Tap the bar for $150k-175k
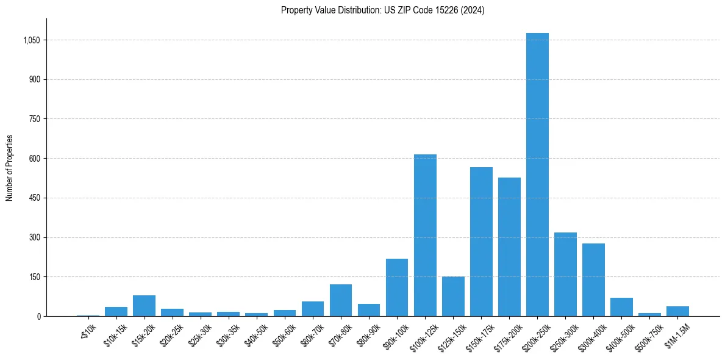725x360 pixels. [x=481, y=242]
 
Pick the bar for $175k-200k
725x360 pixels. [x=509, y=247]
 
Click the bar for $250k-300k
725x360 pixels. [x=565, y=275]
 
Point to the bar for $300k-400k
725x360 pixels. [x=593, y=280]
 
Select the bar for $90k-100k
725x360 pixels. [x=397, y=287]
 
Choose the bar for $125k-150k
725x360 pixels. [x=453, y=297]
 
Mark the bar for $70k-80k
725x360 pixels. [x=341, y=300]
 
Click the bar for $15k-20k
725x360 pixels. [x=144, y=306]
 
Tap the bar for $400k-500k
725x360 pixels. [x=621, y=307]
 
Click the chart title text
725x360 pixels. [x=382, y=10]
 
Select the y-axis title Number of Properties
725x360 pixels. [x=10, y=168]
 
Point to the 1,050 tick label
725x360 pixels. [x=31, y=40]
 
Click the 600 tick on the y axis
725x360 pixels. [x=34, y=159]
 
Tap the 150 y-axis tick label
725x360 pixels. [x=34, y=277]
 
